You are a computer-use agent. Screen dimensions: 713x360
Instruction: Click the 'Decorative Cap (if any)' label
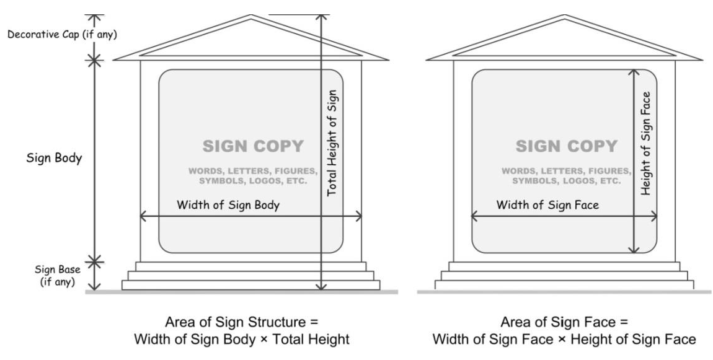62,34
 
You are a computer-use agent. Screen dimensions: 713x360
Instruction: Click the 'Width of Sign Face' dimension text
547,205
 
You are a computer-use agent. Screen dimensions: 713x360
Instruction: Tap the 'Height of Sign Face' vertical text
646,143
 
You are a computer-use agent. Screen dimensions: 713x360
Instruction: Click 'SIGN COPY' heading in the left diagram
253,146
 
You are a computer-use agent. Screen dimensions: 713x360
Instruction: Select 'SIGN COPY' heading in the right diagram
567,146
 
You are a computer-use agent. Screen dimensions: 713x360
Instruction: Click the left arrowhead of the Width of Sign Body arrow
143,216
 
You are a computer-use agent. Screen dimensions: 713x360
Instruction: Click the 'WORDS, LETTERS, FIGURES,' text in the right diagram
567,170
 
